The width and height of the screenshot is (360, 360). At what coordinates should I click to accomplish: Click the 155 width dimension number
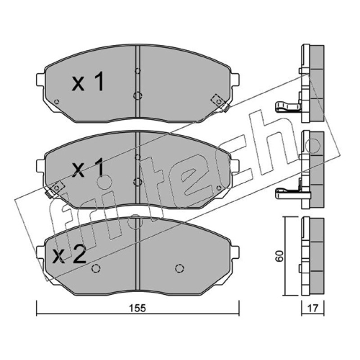point(138,308)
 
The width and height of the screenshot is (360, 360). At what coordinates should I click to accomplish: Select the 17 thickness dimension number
point(313,308)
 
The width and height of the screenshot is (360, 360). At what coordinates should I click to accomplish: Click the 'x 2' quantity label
point(69,254)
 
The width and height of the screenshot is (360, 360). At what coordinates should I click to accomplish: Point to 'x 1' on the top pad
point(88,81)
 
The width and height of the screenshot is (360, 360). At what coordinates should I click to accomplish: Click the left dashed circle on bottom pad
point(96,268)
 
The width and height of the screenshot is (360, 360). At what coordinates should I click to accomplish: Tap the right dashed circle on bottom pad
point(180,268)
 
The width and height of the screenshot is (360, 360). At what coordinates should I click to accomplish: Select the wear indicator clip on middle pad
point(54,189)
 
